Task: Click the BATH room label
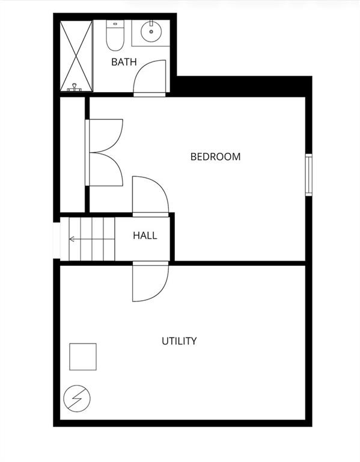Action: [124, 62]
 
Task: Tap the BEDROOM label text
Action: [216, 156]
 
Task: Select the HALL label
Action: [145, 235]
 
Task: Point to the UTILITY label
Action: [179, 341]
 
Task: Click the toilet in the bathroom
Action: [115, 35]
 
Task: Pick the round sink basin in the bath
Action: [151, 31]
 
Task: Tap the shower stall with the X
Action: [76, 56]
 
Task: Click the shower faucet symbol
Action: [74, 87]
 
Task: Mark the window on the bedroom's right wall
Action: [308, 174]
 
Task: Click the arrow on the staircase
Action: [92, 239]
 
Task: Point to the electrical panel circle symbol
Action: [77, 398]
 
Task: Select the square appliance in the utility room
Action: [83, 357]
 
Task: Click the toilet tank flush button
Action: [115, 23]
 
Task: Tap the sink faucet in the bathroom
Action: [151, 23]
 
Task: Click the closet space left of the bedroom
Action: [72, 155]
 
